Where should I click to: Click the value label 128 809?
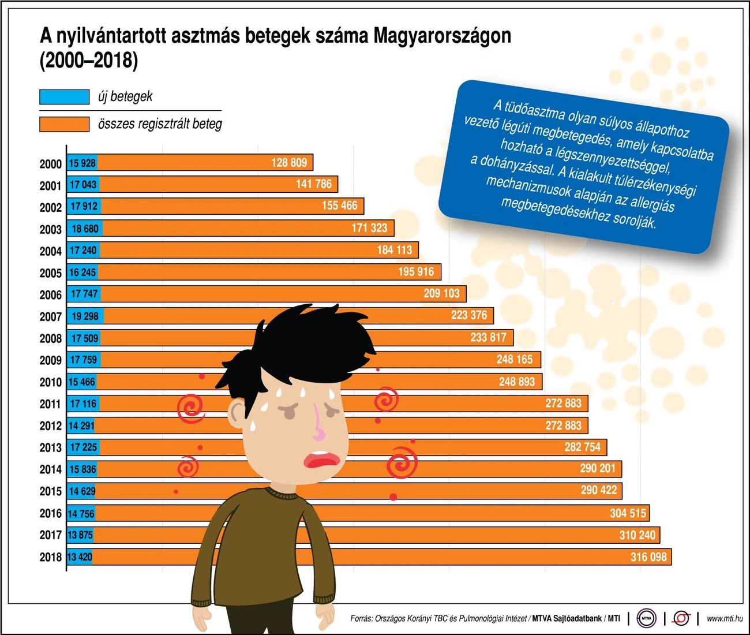pyautogui.click(x=289, y=163)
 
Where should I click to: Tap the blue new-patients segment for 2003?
pyautogui.click(x=85, y=229)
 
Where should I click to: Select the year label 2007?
pyautogui.click(x=50, y=317)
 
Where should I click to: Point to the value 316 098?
pyautogui.click(x=648, y=557)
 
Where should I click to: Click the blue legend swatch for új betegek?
pyautogui.click(x=64, y=97)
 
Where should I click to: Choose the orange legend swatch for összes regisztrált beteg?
pyautogui.click(x=64, y=124)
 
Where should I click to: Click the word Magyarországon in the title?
pyautogui.click(x=442, y=36)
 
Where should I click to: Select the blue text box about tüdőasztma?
pyautogui.click(x=583, y=166)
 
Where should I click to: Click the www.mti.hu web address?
pyautogui.click(x=725, y=618)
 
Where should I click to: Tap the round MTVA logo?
pyautogui.click(x=647, y=618)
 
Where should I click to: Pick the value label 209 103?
pyautogui.click(x=441, y=294)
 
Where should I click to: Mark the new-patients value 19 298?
pyautogui.click(x=85, y=316)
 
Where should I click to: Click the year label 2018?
pyautogui.click(x=50, y=557)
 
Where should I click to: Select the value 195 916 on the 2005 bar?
pyautogui.click(x=416, y=272)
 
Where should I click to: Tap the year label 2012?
pyautogui.click(x=50, y=426)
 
